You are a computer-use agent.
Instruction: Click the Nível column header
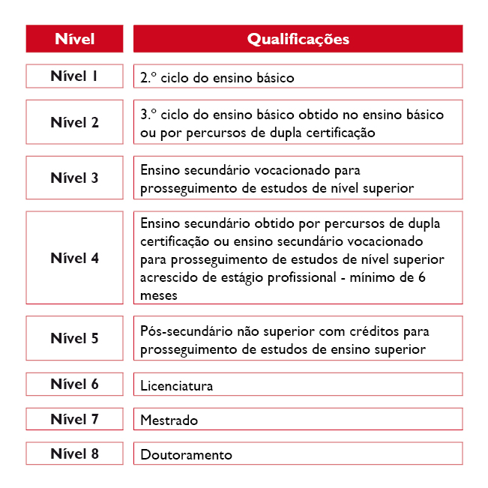point(74,39)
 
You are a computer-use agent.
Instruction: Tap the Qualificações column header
point(298,39)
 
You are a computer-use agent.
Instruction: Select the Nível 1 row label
point(74,76)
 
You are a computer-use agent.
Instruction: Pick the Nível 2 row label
point(74,122)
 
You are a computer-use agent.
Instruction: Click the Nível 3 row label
point(74,178)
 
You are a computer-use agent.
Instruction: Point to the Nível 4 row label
point(74,258)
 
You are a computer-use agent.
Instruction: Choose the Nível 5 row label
point(74,338)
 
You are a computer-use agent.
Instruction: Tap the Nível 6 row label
point(74,384)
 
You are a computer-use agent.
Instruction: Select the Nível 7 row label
point(74,419)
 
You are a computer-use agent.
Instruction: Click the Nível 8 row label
point(74,454)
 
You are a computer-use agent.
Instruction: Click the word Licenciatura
point(176,386)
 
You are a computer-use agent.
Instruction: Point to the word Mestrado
point(169,421)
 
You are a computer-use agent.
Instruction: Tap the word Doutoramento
point(186,455)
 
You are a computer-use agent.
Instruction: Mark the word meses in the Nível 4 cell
point(158,295)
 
